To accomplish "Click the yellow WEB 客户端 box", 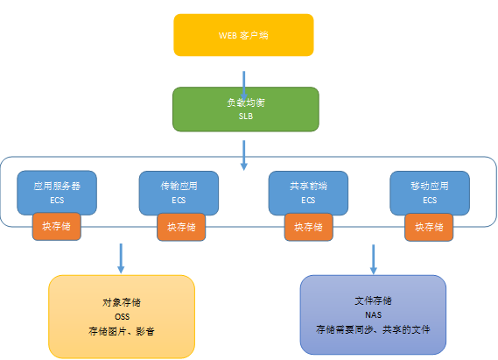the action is click(243, 35).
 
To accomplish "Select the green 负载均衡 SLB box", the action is click(246, 109).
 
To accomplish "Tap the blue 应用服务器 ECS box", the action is click(57, 192).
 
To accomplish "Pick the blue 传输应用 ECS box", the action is click(179, 193).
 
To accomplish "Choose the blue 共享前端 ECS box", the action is click(308, 193).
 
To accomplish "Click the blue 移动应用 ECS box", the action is click(430, 193).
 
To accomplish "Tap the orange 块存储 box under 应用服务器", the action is click(57, 226).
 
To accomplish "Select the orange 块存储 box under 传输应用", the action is click(181, 227).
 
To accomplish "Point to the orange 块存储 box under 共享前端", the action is click(308, 227).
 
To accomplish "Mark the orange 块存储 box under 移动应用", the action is click(429, 227).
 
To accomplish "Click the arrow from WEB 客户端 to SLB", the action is click(244, 86).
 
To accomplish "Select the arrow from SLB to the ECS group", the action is click(244, 155).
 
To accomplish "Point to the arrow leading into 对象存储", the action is click(121, 258).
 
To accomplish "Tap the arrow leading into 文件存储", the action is click(374, 259).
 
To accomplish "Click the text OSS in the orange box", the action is click(123, 317).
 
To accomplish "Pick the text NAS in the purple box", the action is click(374, 314).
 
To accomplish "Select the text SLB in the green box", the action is click(246, 116).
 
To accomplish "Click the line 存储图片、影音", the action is click(122, 331).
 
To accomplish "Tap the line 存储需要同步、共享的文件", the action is click(373, 329).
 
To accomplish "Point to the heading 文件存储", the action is click(374, 300).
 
